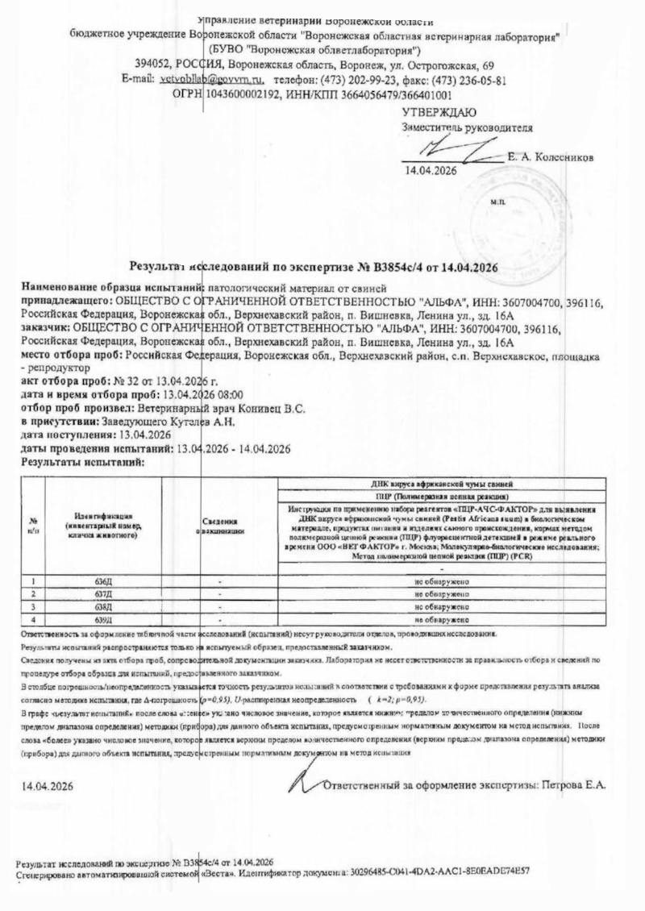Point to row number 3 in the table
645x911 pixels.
[x=33, y=607]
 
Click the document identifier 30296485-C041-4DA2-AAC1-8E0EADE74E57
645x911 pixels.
[x=439, y=871]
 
